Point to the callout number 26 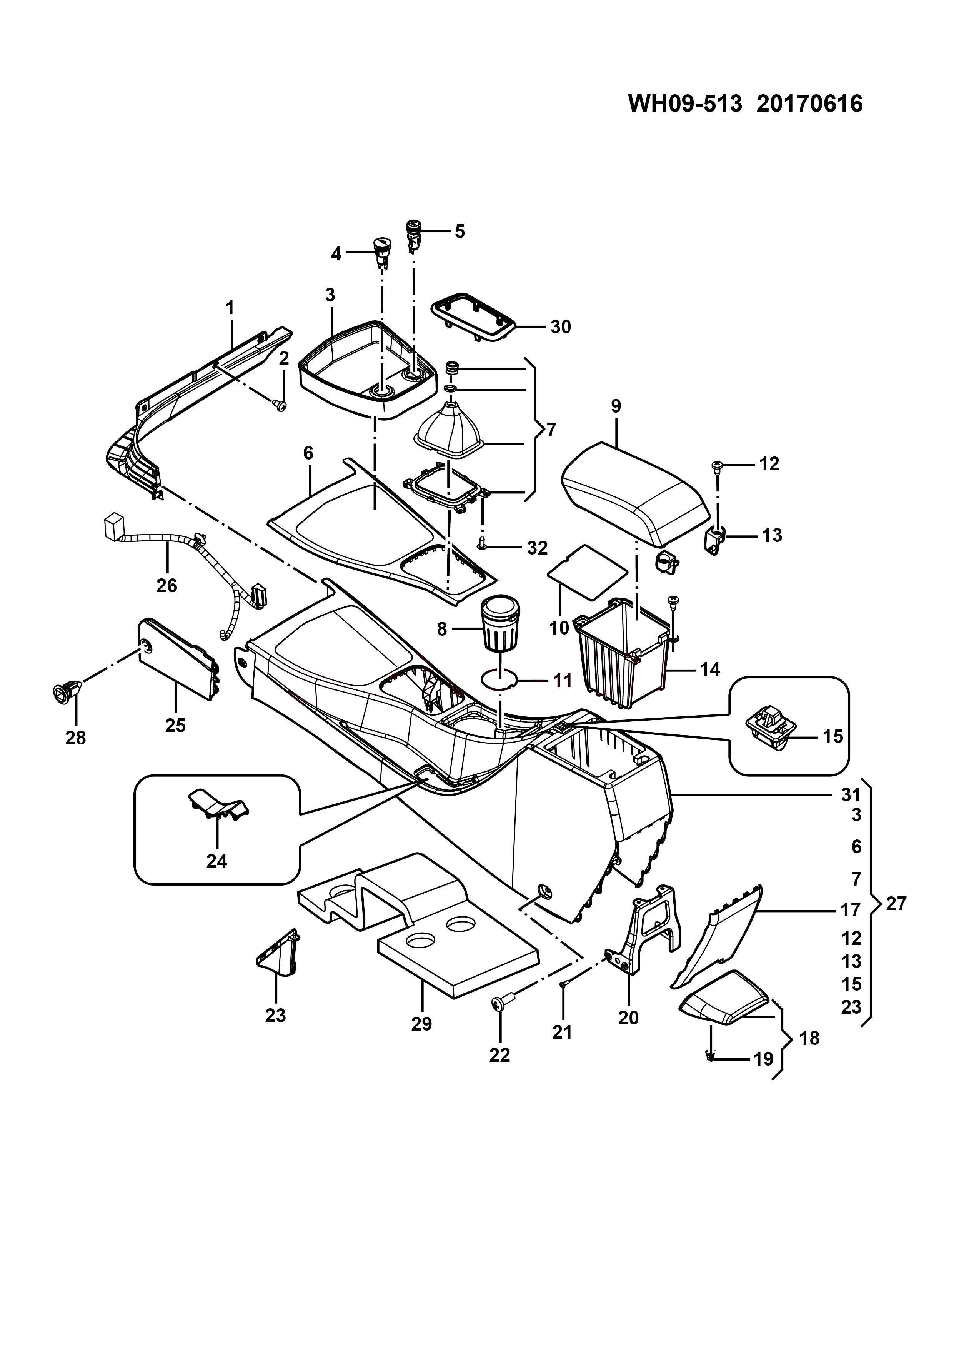point(167,585)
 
